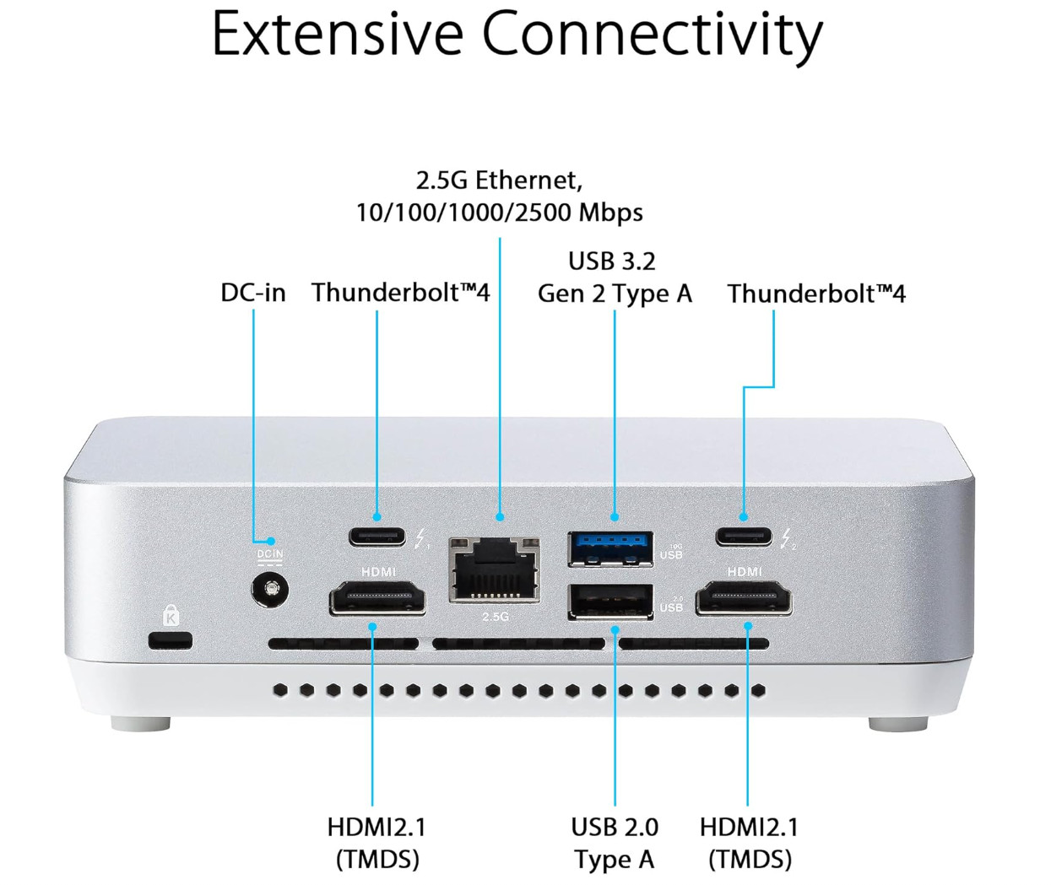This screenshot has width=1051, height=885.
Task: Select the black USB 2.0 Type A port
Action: click(x=610, y=601)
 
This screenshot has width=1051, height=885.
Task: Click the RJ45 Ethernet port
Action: click(x=494, y=569)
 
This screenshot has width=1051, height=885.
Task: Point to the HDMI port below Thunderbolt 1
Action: click(x=377, y=599)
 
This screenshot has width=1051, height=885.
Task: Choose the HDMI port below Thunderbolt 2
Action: click(x=744, y=599)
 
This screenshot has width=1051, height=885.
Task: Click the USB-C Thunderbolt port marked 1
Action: click(x=377, y=536)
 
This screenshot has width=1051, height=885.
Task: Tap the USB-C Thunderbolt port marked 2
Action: click(x=744, y=536)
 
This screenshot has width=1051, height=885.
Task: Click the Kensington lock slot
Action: click(x=171, y=639)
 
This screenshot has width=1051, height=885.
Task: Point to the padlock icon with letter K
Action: click(x=171, y=614)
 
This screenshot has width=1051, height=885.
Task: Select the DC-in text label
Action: click(x=253, y=293)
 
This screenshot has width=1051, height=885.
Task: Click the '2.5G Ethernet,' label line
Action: click(x=499, y=180)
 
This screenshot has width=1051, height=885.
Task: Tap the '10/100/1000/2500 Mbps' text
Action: click(x=499, y=212)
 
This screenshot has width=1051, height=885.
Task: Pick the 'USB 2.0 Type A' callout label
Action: click(x=615, y=843)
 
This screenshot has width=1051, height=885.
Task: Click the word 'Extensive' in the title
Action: click(x=336, y=34)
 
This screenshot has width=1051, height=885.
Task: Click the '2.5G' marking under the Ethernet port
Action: click(x=496, y=617)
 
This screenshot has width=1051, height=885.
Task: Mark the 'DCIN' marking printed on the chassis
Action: click(x=270, y=554)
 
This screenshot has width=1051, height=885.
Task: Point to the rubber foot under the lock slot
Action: click(x=140, y=723)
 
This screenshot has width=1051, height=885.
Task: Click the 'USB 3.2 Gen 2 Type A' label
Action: click(x=614, y=278)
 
